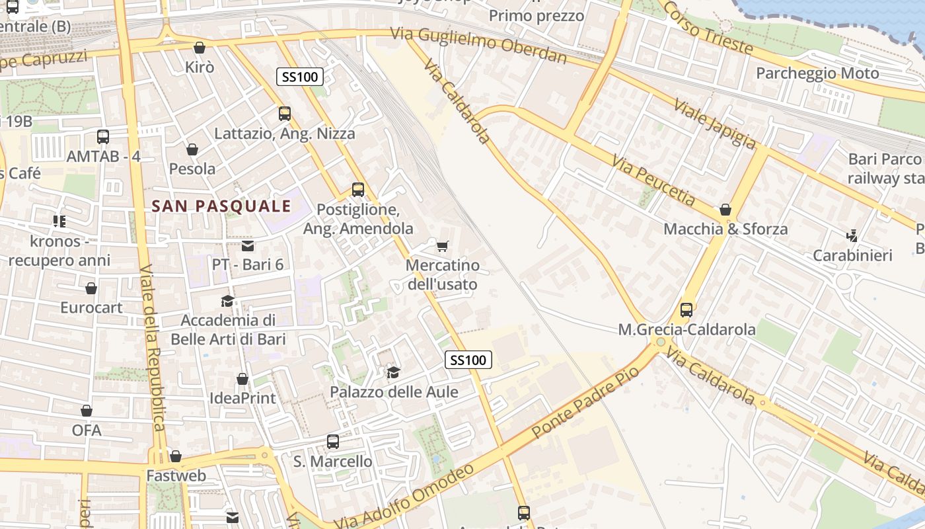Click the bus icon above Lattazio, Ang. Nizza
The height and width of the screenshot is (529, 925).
click(x=285, y=113)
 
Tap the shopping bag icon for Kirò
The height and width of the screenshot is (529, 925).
click(x=199, y=48)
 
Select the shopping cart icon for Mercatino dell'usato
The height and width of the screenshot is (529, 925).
click(x=443, y=246)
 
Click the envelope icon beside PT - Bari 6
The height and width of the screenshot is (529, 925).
click(x=248, y=246)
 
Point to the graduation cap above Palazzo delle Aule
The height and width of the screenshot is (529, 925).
click(x=393, y=372)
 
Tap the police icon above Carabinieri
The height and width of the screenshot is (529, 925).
click(x=852, y=235)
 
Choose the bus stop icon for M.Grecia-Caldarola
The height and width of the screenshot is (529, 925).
click(x=686, y=309)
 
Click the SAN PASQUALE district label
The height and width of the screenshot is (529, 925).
click(x=221, y=206)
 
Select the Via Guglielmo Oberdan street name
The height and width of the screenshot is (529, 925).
click(x=478, y=44)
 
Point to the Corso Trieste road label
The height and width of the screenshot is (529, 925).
click(x=707, y=28)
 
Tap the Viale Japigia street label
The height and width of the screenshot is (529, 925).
click(x=715, y=124)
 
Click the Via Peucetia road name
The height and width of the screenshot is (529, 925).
click(x=653, y=181)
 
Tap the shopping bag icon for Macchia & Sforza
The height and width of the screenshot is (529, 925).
click(x=725, y=210)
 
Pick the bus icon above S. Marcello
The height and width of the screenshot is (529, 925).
click(x=333, y=441)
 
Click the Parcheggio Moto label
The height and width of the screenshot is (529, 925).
click(x=817, y=73)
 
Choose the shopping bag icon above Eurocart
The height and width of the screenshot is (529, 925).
click(x=91, y=288)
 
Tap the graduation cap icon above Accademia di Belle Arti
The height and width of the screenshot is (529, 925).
click(x=227, y=301)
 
